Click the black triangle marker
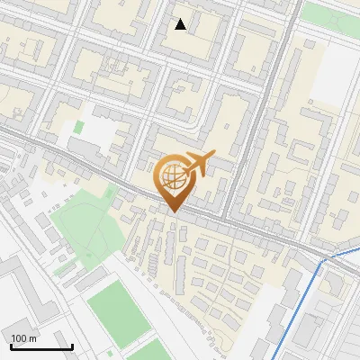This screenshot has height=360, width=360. (x=181, y=24)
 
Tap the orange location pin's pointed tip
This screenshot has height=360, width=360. (x=172, y=212)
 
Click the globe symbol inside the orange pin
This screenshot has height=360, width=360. (x=172, y=177)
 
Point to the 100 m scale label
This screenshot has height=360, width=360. (x=23, y=337)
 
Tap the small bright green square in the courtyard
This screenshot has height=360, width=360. (x=78, y=128)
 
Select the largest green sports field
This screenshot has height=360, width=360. (x=115, y=306)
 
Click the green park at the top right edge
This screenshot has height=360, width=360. (x=328, y=13)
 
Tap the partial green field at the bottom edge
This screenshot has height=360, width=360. (x=148, y=354)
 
